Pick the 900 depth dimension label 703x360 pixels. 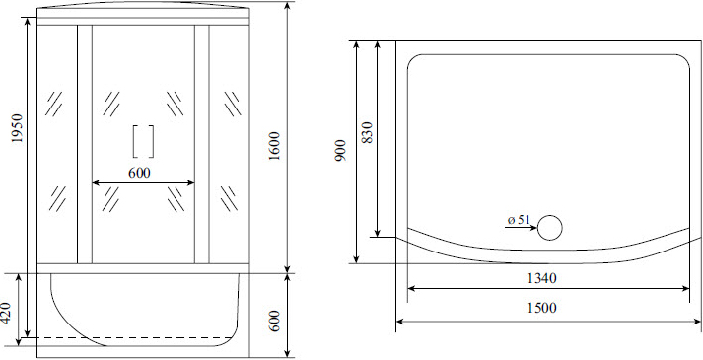point(339,150)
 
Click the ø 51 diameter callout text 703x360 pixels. point(518,219)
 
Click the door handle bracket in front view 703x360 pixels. point(143,142)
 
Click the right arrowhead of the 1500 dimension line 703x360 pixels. point(694,321)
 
